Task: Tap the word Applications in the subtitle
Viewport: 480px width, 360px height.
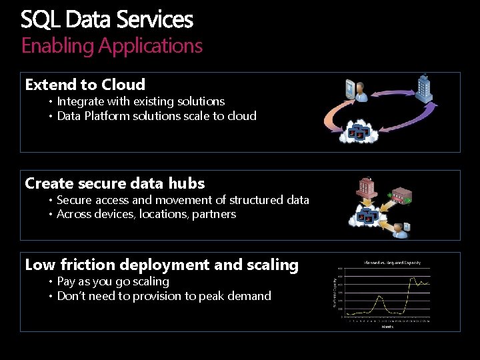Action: point(151,45)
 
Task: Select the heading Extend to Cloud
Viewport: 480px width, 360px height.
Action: point(85,85)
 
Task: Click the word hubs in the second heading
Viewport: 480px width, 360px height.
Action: point(187,183)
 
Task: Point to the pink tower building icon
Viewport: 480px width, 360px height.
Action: point(367,187)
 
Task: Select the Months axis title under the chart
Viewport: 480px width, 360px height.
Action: point(387,326)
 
